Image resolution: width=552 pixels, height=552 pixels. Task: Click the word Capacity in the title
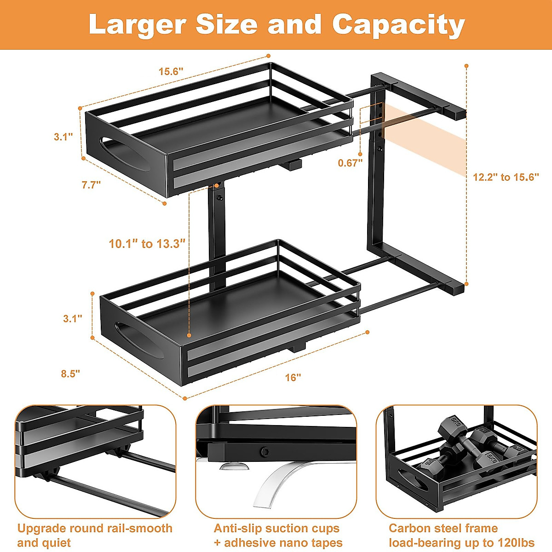pyautogui.click(x=398, y=26)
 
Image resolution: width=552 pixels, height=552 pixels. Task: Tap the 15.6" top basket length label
pyautogui.click(x=171, y=71)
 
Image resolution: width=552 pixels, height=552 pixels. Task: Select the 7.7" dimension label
pyautogui.click(x=91, y=185)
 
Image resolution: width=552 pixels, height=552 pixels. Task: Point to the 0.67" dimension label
pyautogui.click(x=350, y=163)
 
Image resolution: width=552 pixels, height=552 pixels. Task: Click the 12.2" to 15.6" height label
pyautogui.click(x=506, y=178)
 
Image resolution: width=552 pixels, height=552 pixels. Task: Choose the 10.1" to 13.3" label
pyautogui.click(x=147, y=244)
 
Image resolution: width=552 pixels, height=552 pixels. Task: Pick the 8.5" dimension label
pyautogui.click(x=70, y=374)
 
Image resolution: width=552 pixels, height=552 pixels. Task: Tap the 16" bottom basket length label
pyautogui.click(x=293, y=378)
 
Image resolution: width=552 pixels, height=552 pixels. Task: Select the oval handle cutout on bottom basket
pyautogui.click(x=138, y=340)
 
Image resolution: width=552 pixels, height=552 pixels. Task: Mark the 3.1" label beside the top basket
pyautogui.click(x=63, y=137)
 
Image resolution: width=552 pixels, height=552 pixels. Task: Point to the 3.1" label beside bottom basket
pyautogui.click(x=73, y=318)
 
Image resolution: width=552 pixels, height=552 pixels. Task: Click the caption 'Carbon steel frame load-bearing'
pyautogui.click(x=461, y=535)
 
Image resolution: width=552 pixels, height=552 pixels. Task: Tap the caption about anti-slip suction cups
pyautogui.click(x=278, y=535)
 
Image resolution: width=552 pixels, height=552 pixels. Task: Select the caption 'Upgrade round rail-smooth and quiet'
pyautogui.click(x=95, y=535)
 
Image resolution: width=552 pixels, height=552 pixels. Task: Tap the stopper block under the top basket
pyautogui.click(x=293, y=164)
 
